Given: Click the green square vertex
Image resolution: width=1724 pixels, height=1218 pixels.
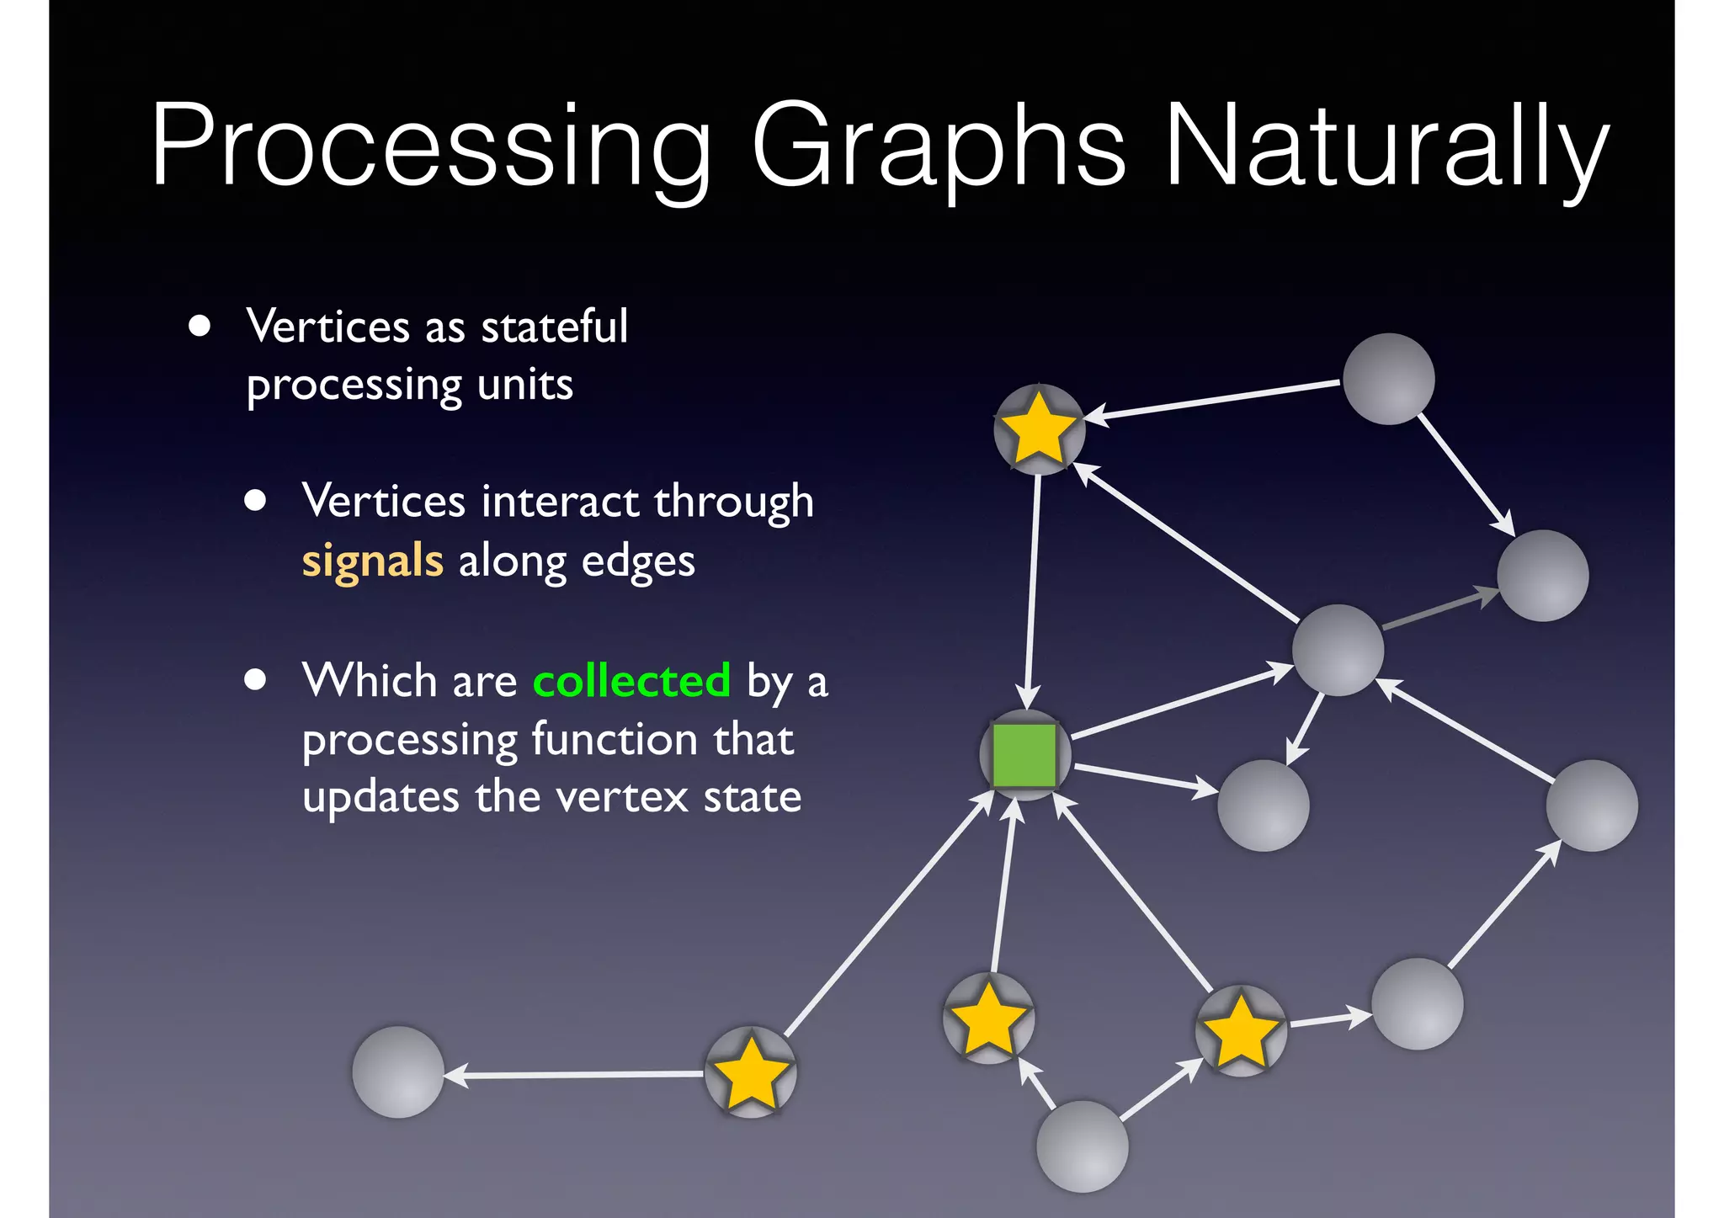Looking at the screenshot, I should pyautogui.click(x=1024, y=754).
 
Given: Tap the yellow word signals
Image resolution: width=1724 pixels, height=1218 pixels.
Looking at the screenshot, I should pyautogui.click(x=372, y=561).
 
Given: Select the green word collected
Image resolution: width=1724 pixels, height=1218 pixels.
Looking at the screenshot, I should pyautogui.click(x=631, y=680).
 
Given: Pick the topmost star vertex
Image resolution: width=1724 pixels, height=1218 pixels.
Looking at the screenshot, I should pyautogui.click(x=1039, y=429).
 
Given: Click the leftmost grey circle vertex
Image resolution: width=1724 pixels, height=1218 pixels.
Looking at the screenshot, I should pyautogui.click(x=397, y=1072).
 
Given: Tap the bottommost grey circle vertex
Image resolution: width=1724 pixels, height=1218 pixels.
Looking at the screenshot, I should pyautogui.click(x=1082, y=1146).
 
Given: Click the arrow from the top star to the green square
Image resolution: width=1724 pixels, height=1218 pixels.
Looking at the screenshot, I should pyautogui.click(x=1032, y=589).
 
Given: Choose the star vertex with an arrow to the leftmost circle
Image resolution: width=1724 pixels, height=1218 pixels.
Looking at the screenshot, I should pyautogui.click(x=749, y=1072).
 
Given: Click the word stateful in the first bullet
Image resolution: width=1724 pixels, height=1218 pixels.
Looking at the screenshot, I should pyautogui.click(x=554, y=327).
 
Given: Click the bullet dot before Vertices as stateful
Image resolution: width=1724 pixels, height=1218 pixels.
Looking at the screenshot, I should pyautogui.click(x=200, y=326).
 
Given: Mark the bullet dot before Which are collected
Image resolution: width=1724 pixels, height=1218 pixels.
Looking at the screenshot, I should pyautogui.click(x=255, y=679).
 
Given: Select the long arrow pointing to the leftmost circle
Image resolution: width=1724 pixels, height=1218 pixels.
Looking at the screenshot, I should pyautogui.click(x=577, y=1074).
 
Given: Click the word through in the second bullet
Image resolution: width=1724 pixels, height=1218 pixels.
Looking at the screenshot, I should pyautogui.click(x=733, y=502).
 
